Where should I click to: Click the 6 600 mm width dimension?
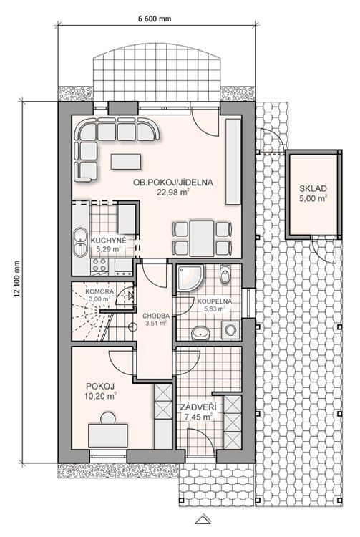[155, 19]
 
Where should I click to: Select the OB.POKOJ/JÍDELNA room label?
[173, 183]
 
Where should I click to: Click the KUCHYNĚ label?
[109, 241]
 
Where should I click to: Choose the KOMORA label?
[99, 291]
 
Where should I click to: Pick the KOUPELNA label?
[215, 301]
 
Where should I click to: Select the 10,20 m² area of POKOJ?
[100, 396]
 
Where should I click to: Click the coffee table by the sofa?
[125, 162]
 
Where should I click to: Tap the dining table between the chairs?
[202, 238]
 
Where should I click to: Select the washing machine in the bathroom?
[230, 330]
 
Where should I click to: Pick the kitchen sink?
[80, 242]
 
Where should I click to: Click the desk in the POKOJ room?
[108, 435]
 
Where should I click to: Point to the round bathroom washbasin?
[200, 333]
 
